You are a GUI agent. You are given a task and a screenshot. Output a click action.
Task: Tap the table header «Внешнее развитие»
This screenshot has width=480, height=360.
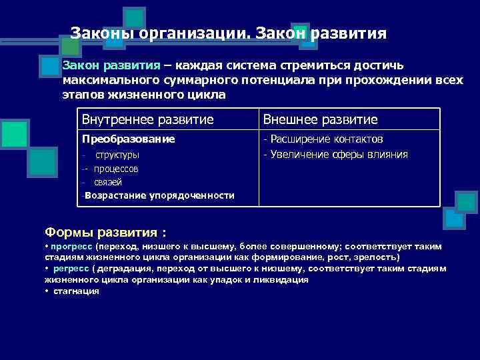pos(320,119)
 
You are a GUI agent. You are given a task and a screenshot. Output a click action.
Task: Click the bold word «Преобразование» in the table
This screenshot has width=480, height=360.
pos(128,139)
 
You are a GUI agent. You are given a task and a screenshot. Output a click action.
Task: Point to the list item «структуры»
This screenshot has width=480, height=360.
pos(117,155)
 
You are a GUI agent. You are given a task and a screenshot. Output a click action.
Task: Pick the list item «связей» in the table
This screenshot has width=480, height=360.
pos(108,182)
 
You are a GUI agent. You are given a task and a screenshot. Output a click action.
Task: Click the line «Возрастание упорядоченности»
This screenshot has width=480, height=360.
pos(159,195)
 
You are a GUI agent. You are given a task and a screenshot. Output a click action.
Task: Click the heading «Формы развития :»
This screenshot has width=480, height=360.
pos(105,232)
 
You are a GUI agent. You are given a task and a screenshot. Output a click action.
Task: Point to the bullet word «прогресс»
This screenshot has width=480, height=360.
pos(71,246)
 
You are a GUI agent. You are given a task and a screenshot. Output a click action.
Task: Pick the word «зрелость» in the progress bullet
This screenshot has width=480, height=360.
pos(377,257)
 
